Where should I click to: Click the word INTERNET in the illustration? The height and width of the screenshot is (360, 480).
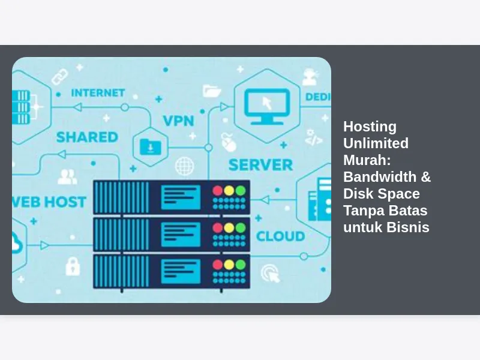pyautogui.click(x=98, y=93)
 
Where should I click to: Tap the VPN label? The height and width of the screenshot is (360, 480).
pyautogui.click(x=178, y=121)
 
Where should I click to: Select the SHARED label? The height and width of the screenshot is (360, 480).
pyautogui.click(x=87, y=137)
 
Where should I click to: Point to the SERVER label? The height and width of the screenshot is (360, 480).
pyautogui.click(x=260, y=165)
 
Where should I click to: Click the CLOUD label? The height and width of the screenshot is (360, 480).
pyautogui.click(x=280, y=236)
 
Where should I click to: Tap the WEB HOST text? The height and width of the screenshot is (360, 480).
pyautogui.click(x=49, y=202)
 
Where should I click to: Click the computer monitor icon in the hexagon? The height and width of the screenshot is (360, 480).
pyautogui.click(x=267, y=107)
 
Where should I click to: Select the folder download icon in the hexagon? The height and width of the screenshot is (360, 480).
pyautogui.click(x=151, y=147)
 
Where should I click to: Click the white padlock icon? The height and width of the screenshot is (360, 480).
pyautogui.click(x=73, y=266)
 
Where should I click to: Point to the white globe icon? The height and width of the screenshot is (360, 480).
pyautogui.click(x=185, y=166)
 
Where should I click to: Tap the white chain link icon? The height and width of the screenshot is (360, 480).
pyautogui.click(x=59, y=77)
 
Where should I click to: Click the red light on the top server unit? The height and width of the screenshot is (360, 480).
pyautogui.click(x=218, y=190)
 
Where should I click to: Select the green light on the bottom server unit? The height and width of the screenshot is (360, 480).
pyautogui.click(x=241, y=265)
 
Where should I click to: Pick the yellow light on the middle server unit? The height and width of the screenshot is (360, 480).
pyautogui.click(x=229, y=228)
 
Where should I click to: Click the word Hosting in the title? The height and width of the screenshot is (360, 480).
pyautogui.click(x=370, y=127)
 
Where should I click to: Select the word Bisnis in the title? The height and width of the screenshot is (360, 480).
pyautogui.click(x=408, y=227)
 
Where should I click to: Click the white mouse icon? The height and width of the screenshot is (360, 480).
pyautogui.click(x=229, y=142)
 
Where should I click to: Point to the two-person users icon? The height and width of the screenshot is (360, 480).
pyautogui.click(x=67, y=176)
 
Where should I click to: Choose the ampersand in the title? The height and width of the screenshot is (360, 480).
pyautogui.click(x=426, y=177)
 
